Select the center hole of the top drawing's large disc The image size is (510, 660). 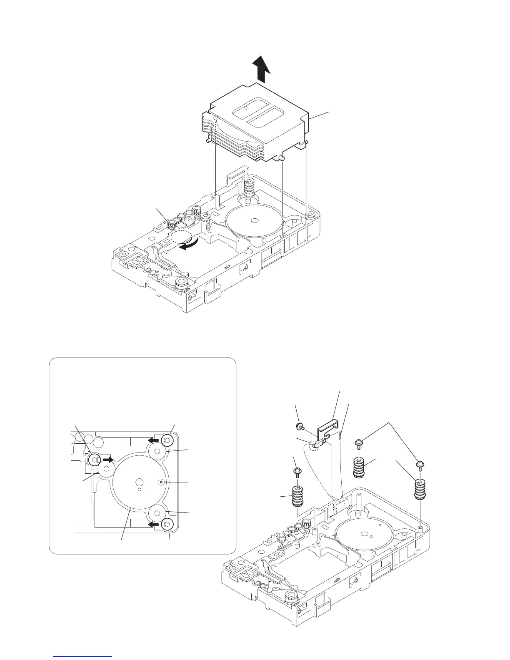[255, 220]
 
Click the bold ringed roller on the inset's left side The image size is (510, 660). [95, 460]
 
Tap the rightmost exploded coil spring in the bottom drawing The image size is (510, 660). [420, 489]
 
